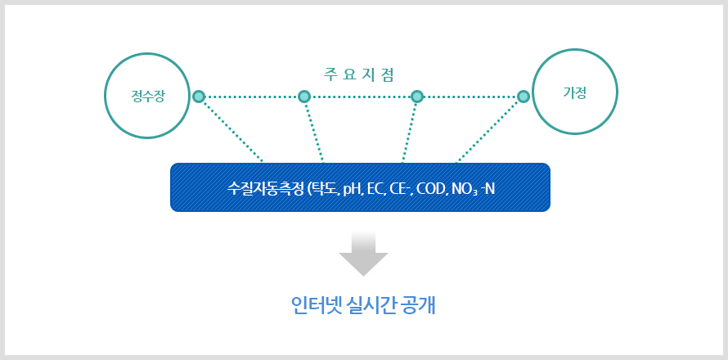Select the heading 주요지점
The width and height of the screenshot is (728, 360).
pos(358,75)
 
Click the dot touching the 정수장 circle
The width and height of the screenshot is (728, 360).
pos(199,97)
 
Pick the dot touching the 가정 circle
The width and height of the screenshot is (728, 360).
pos(524,97)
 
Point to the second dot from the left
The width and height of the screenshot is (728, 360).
pos(304,97)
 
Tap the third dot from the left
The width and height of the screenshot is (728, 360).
pos(417,97)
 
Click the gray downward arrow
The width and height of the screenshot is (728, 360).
pos(363,254)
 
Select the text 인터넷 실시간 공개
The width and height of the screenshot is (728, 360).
pos(363,306)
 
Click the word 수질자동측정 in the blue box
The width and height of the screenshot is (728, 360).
pos(265,189)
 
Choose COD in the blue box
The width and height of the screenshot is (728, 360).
pos(431,189)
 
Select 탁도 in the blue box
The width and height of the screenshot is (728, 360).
pos(325,189)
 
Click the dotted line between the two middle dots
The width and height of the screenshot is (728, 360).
pos(360,97)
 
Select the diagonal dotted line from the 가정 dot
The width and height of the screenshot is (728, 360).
pos(490,130)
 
